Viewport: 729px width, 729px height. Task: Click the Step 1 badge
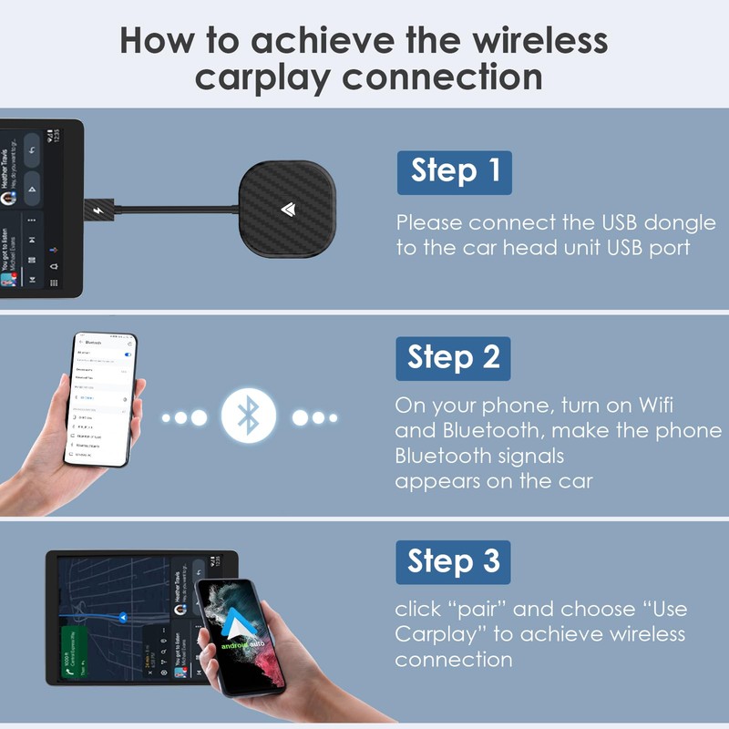click(x=454, y=172)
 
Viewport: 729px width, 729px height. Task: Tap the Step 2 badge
click(x=454, y=358)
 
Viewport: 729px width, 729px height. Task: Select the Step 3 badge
click(x=454, y=561)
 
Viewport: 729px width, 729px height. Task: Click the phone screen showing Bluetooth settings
click(x=100, y=401)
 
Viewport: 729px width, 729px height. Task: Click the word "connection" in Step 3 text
click(x=454, y=659)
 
